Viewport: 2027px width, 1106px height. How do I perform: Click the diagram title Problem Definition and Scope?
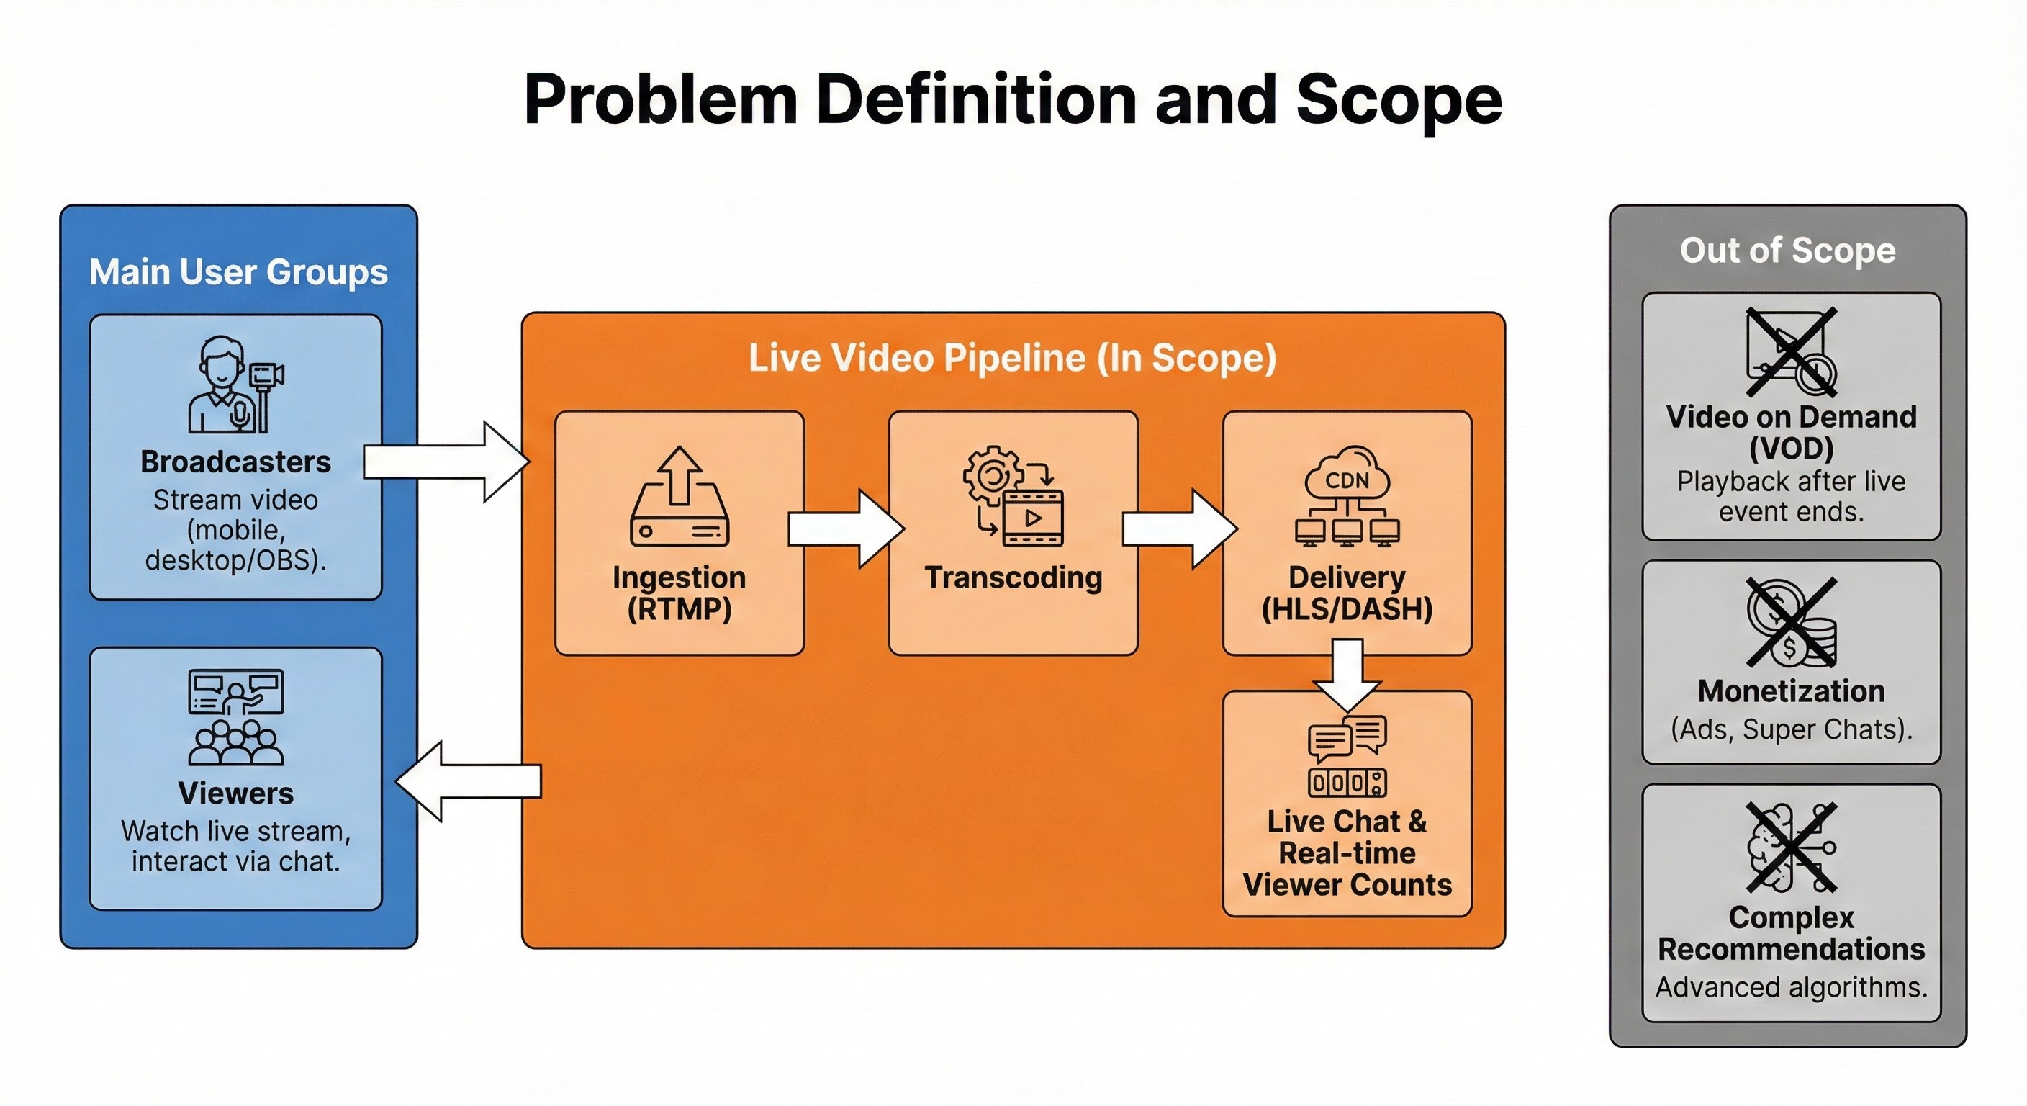coord(1013,99)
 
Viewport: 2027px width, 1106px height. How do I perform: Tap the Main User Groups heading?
coord(238,272)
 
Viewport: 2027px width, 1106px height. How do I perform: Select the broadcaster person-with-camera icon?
coord(235,385)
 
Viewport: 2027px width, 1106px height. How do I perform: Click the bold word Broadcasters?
coord(235,462)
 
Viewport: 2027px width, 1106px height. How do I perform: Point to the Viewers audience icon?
coord(235,717)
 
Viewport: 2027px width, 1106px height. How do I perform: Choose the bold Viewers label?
coord(235,793)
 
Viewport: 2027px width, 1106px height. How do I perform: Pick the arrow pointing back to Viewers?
coord(468,781)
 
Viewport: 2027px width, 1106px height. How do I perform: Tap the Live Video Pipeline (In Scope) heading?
coord(1012,358)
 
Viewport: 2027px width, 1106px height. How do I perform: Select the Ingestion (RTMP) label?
coord(679,593)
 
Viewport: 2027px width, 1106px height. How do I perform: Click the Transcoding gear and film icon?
coord(1013,496)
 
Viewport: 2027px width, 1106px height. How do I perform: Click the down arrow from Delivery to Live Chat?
coord(1347,673)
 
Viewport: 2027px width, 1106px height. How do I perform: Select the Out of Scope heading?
coord(1788,251)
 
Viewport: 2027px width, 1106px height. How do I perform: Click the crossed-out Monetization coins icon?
coord(1792,622)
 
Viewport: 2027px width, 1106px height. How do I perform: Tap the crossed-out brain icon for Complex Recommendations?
coord(1792,847)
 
